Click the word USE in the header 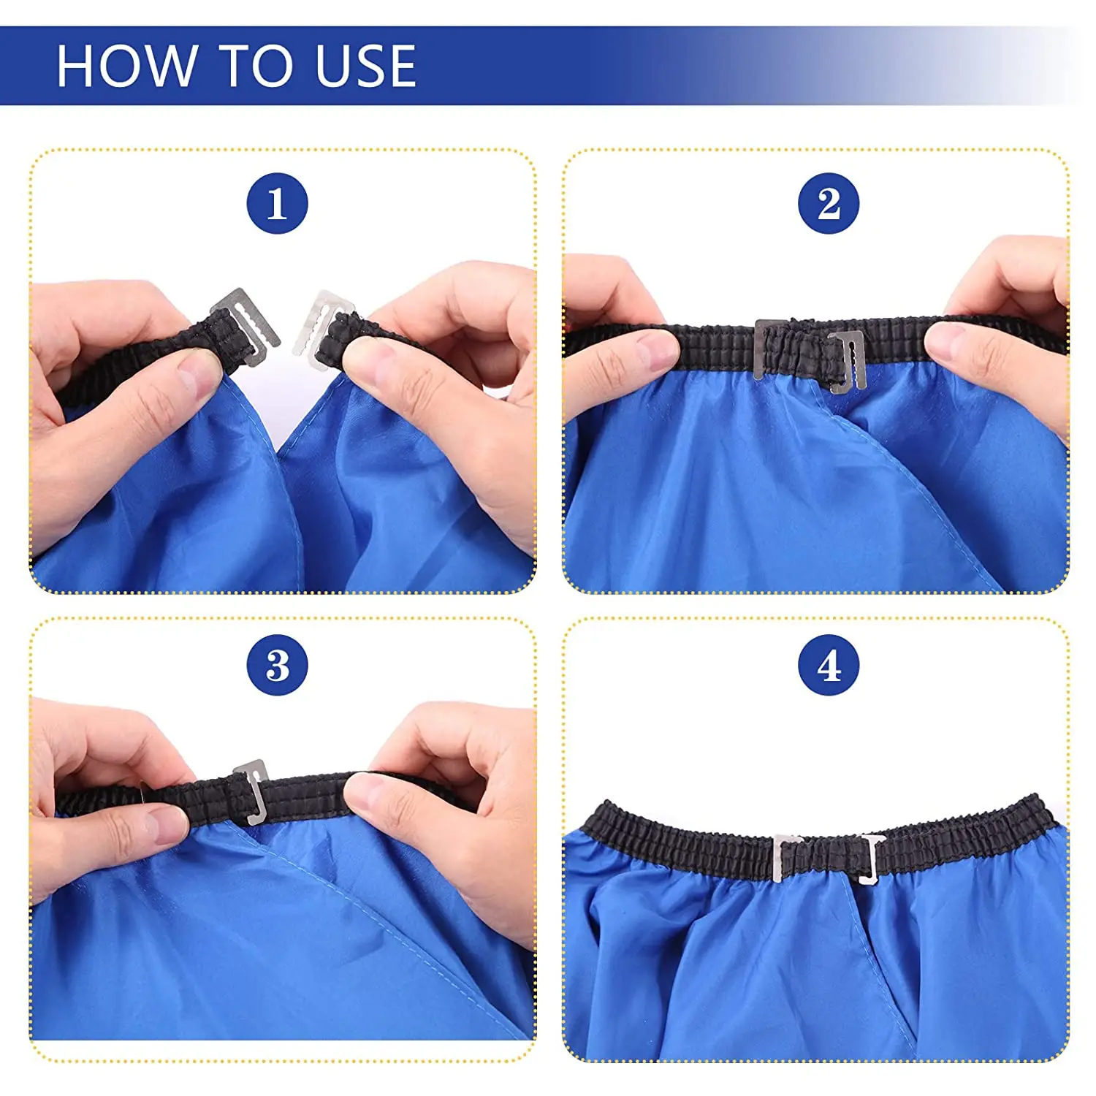[x=365, y=66]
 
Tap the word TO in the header [x=255, y=66]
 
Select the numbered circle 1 [x=277, y=203]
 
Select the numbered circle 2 [x=829, y=203]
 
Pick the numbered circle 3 [x=277, y=665]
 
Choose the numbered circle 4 [x=829, y=665]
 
